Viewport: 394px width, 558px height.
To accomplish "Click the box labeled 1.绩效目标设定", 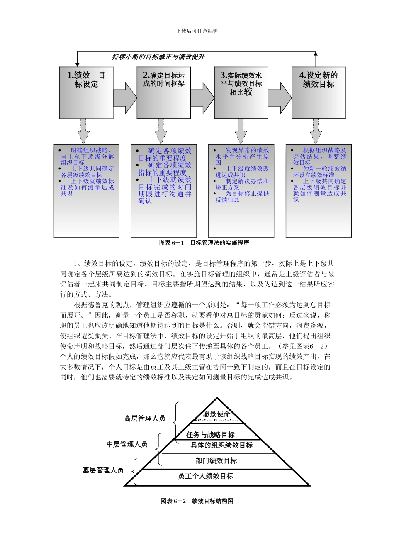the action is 86,93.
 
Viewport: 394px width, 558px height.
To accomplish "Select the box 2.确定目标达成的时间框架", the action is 163,93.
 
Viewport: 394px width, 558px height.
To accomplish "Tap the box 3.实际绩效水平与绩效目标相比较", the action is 241,93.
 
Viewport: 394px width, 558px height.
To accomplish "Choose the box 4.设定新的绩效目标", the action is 319,93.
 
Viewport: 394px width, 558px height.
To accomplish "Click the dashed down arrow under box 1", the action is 84,131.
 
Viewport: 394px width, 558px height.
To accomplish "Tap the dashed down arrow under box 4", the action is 316,131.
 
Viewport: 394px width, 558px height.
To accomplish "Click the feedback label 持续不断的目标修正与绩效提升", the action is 158,57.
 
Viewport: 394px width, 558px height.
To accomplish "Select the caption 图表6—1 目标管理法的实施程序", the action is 204,243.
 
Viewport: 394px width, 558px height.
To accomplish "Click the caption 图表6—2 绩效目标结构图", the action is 197,501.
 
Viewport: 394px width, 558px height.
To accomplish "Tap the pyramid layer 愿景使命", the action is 216,414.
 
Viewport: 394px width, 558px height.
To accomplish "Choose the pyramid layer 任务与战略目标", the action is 211,435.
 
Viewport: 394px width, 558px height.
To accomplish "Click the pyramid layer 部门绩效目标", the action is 216,460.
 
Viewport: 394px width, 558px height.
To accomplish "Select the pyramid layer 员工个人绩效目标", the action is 206,476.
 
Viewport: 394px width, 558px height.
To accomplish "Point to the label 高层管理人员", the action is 145,418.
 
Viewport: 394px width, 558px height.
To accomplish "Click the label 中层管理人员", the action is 127,444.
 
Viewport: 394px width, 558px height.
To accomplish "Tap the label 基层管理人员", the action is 103,470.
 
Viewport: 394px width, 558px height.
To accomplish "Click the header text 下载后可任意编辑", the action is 197,31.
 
